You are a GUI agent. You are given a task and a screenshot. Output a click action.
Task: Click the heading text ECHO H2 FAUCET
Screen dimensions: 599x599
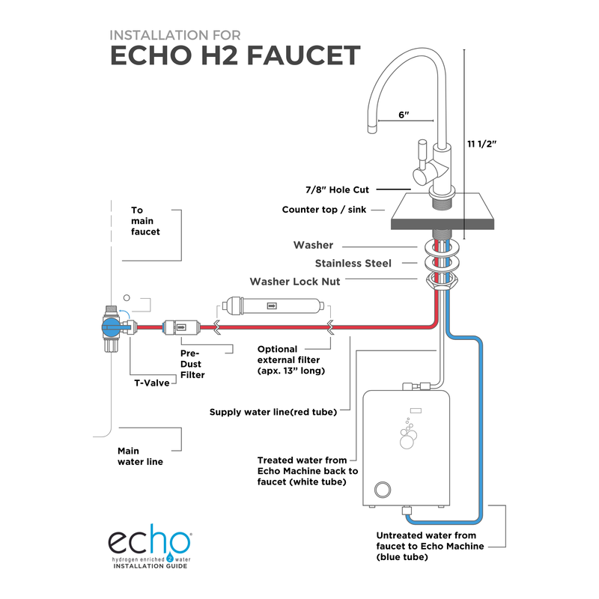pyautogui.click(x=235, y=57)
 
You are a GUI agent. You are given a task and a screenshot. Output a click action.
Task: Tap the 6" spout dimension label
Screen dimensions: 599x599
pyautogui.click(x=405, y=115)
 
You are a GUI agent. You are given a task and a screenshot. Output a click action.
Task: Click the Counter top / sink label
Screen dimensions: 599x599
pyautogui.click(x=324, y=210)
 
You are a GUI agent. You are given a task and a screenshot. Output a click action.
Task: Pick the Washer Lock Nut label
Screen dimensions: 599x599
pyautogui.click(x=294, y=282)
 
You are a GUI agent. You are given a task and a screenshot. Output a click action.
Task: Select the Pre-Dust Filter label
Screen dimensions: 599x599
pyautogui.click(x=192, y=363)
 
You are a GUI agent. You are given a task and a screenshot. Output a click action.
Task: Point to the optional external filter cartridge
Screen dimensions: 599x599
pyautogui.click(x=272, y=306)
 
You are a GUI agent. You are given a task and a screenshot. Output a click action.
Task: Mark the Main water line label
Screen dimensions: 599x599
pyautogui.click(x=140, y=456)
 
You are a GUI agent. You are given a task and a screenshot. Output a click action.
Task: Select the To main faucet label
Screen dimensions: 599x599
pyautogui.click(x=145, y=221)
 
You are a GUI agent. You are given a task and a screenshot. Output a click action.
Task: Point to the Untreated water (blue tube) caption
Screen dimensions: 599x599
pyautogui.click(x=427, y=546)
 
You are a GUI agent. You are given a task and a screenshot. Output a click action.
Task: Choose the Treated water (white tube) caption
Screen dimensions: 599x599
pyautogui.click(x=308, y=471)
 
